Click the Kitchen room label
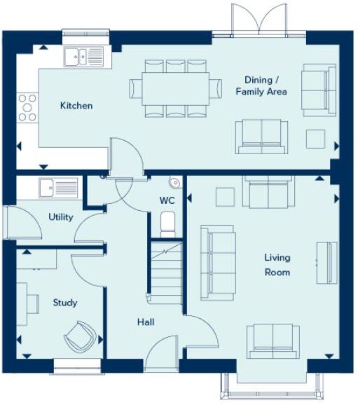[76, 106]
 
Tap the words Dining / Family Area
[261, 85]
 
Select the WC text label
[167, 200]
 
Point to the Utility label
[61, 217]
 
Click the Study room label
[65, 303]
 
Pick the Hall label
[146, 322]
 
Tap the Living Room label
[277, 265]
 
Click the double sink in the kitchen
[83, 56]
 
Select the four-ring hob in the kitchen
[27, 107]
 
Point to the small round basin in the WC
[175, 184]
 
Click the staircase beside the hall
[166, 270]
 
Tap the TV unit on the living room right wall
[326, 263]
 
